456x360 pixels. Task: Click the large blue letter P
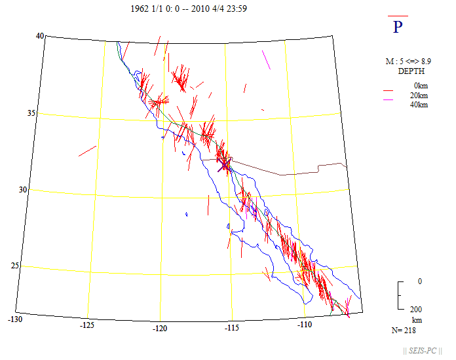click(x=398, y=27)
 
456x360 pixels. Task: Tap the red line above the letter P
click(x=398, y=16)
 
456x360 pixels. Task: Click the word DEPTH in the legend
click(x=411, y=71)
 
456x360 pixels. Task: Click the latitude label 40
click(x=39, y=37)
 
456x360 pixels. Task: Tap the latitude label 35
click(x=30, y=114)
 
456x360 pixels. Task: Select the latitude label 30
click(x=21, y=190)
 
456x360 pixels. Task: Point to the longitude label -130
click(x=15, y=319)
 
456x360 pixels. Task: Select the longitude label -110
click(x=305, y=324)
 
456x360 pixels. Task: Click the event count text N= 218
click(x=405, y=331)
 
